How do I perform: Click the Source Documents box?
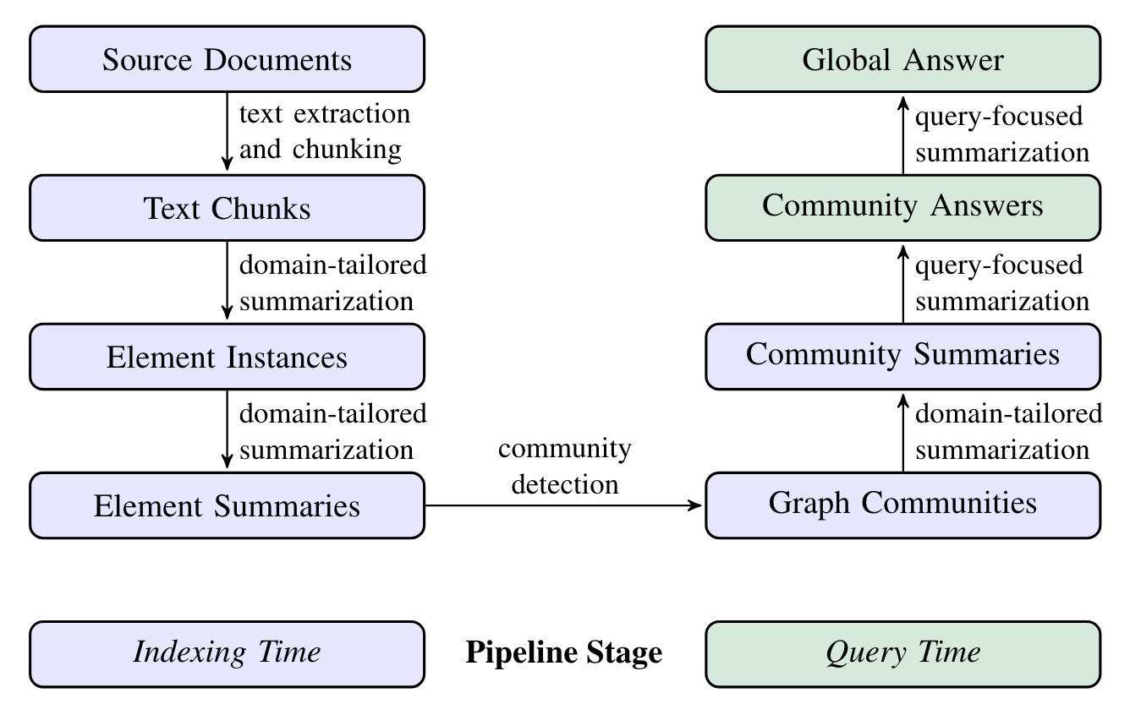[227, 59]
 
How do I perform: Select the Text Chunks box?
[227, 208]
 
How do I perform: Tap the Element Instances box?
[227, 357]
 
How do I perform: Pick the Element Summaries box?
[227, 505]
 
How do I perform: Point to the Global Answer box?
[902, 59]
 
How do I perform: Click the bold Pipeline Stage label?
[564, 653]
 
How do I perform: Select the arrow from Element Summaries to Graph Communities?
[564, 505]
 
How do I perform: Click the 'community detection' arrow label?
[564, 467]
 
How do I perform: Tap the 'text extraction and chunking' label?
[325, 132]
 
